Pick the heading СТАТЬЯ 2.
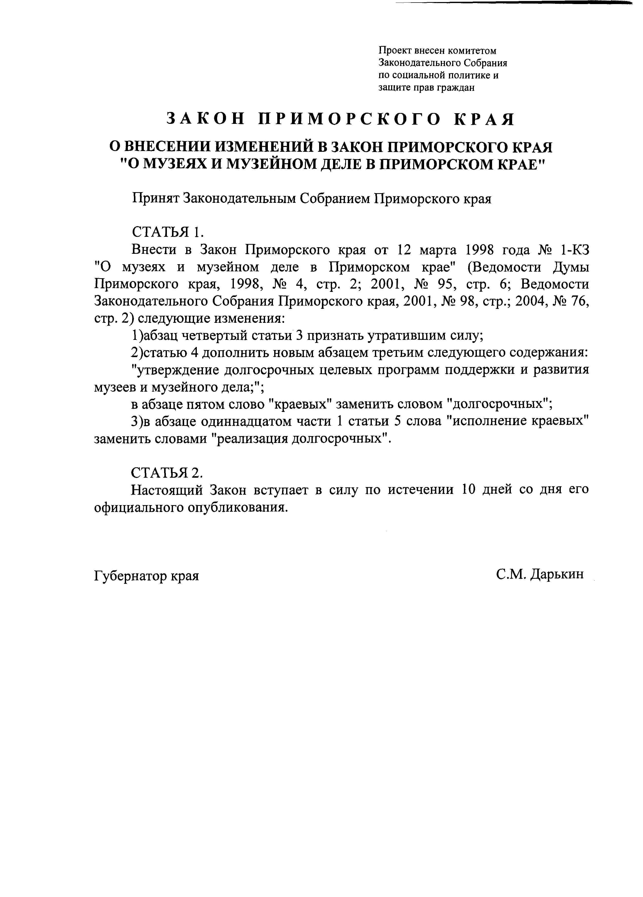pyautogui.click(x=167, y=472)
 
